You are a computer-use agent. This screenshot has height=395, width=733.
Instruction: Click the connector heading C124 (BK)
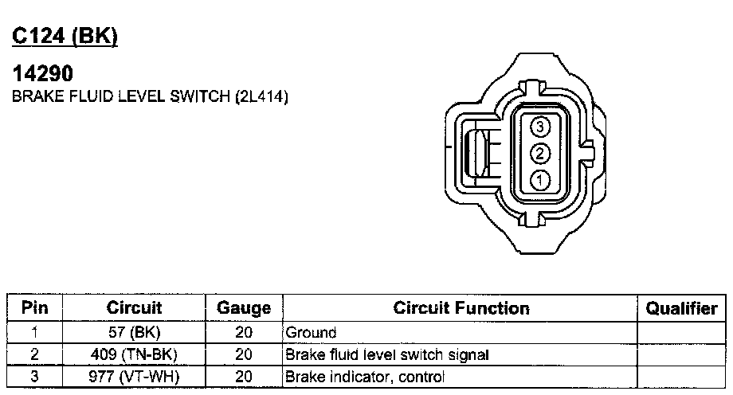65,36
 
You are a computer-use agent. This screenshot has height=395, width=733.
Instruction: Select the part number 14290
43,73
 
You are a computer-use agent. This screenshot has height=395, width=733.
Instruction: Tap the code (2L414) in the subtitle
262,96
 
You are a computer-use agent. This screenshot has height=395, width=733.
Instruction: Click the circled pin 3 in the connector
540,126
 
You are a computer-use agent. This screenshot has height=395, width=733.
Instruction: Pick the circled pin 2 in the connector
540,154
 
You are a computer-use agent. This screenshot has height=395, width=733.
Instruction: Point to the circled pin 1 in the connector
540,180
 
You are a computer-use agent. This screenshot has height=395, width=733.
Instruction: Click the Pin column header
35,307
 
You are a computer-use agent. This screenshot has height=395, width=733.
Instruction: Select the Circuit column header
134,307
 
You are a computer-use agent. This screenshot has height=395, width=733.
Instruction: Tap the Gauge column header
244,308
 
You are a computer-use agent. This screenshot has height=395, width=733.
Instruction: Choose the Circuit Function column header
461,308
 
